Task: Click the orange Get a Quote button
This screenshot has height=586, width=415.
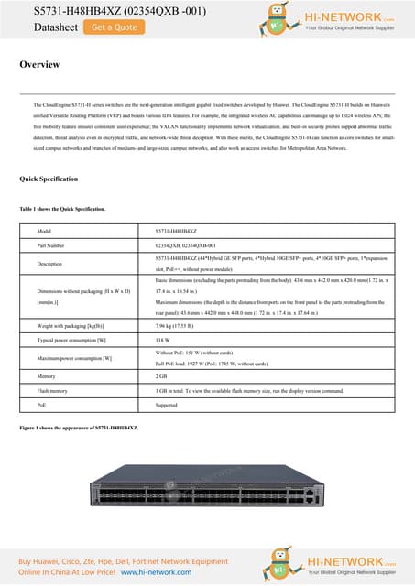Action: (x=115, y=27)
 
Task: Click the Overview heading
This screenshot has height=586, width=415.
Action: (x=39, y=65)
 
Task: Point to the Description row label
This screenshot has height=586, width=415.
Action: (x=52, y=264)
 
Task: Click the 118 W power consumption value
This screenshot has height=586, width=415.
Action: (x=163, y=340)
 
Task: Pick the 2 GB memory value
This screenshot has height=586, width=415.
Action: (x=162, y=375)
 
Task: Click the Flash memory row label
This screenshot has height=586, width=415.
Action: (x=53, y=390)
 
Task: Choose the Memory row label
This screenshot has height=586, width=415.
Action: (x=47, y=375)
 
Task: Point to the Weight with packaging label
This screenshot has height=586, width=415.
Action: (x=70, y=326)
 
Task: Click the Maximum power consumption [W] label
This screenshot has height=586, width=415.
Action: (x=74, y=357)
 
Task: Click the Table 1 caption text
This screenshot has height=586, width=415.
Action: (x=62, y=209)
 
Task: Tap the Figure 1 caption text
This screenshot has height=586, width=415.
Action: (x=79, y=428)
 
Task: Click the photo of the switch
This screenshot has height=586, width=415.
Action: (x=207, y=495)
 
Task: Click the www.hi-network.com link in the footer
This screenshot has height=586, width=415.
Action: (x=161, y=571)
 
